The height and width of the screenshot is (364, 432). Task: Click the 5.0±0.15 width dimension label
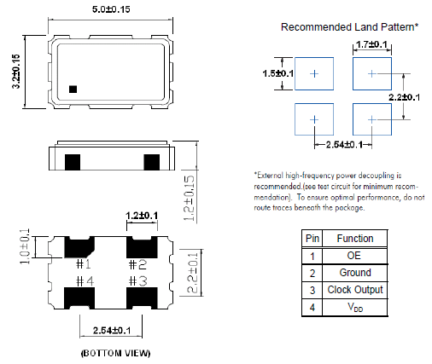point(111,9)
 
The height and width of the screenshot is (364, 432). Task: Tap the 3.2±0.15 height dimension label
point(16,72)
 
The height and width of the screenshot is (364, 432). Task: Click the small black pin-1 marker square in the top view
point(73,90)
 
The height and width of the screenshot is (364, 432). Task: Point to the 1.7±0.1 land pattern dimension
point(371,44)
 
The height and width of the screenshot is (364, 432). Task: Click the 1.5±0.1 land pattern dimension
point(277,73)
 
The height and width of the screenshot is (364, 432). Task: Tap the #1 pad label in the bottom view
point(84,264)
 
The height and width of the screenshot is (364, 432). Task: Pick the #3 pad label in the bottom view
point(138,281)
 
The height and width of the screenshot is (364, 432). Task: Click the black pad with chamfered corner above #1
point(79,247)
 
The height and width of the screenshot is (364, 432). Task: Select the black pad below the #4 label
point(79,298)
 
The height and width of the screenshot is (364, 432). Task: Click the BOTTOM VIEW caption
point(115,353)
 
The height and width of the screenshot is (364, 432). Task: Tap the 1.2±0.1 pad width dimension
point(142,216)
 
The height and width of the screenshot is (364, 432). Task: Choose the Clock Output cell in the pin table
point(355,290)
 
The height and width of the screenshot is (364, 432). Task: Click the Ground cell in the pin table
point(355,273)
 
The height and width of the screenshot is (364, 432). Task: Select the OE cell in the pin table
point(355,256)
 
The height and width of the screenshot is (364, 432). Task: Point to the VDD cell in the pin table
point(355,307)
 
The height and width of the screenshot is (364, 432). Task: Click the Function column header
point(355,239)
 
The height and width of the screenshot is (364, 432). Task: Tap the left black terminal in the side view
point(73,162)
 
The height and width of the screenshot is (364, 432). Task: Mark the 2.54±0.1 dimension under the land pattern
point(344,145)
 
